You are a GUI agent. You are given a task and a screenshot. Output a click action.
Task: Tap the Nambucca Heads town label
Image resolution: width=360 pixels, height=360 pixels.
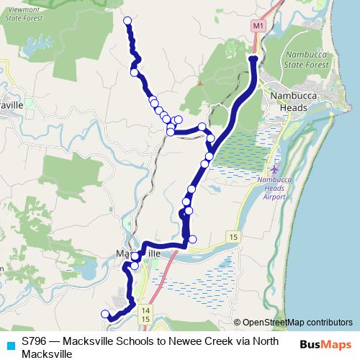[288, 102]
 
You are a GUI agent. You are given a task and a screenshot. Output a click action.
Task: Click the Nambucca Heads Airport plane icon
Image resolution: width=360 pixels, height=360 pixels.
[279, 168]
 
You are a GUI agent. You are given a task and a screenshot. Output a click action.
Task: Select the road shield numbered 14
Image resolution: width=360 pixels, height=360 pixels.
[145, 309]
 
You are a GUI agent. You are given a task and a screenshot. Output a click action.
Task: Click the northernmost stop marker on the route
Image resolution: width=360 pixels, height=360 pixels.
[128, 21]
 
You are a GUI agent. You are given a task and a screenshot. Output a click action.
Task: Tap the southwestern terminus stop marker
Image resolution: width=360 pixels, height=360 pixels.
[105, 313]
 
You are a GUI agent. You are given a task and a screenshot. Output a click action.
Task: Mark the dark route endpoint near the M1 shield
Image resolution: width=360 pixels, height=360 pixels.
[253, 58]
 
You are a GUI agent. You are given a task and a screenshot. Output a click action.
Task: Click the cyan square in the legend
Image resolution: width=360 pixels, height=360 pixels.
[9, 345]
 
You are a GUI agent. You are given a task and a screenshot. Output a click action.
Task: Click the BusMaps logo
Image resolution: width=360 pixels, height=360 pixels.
[325, 345]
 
